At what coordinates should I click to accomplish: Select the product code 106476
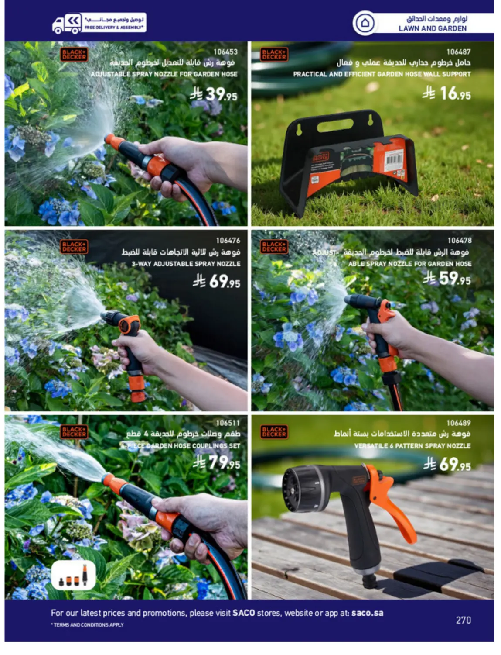228,241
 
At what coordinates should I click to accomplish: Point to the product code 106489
458,423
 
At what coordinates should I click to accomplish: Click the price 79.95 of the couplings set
217,462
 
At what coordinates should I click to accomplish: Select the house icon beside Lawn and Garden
365,23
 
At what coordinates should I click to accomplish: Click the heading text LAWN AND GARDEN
432,28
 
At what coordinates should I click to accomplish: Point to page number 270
463,620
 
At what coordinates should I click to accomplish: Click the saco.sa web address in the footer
367,613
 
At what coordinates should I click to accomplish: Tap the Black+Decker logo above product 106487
274,54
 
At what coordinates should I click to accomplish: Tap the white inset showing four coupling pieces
73,575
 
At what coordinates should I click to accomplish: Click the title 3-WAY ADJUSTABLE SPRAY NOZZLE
186,264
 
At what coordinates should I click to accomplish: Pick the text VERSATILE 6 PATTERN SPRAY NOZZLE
412,446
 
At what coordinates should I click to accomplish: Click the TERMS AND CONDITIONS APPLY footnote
88,625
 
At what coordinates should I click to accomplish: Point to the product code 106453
225,52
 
